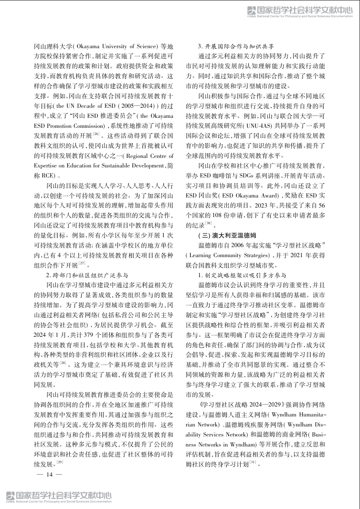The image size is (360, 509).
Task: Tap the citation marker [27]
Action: coord(84,262)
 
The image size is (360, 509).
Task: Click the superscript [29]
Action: coord(60,461)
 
